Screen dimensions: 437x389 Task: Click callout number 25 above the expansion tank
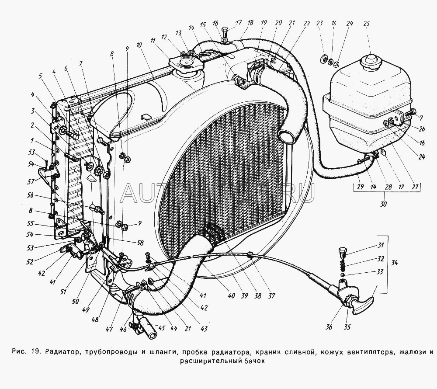tap(367, 24)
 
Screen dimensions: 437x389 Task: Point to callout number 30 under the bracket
tap(384, 204)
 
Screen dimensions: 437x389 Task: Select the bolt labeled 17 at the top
tap(225, 32)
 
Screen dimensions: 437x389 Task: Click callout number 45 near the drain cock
tap(161, 328)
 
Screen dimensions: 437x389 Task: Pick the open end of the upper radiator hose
tap(288, 137)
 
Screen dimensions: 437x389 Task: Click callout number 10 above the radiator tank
tap(139, 45)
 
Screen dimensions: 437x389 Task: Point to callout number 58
tap(140, 243)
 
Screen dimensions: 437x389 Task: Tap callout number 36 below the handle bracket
tap(329, 326)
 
